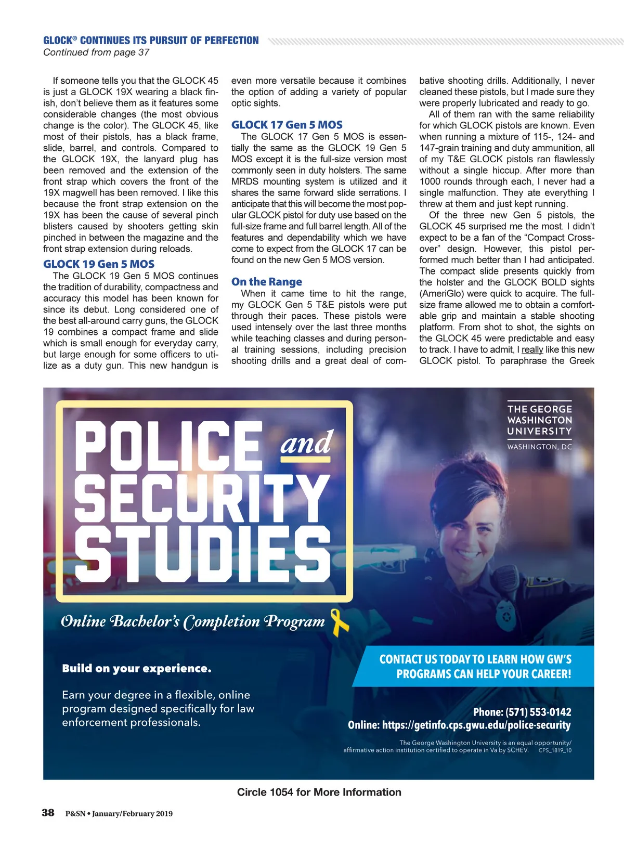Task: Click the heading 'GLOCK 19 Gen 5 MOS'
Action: click(99, 264)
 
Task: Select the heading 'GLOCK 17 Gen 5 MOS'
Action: click(287, 125)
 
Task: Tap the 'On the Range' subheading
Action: click(267, 282)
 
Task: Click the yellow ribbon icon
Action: click(340, 622)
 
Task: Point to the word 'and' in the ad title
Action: click(306, 444)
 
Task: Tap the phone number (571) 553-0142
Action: click(538, 712)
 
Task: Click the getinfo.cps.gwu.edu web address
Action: click(476, 725)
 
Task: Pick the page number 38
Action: click(48, 813)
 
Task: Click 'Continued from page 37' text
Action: click(96, 53)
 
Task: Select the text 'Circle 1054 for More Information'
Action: click(319, 792)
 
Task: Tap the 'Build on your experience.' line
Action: click(137, 668)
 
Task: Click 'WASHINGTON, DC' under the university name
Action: click(539, 447)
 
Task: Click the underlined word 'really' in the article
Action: click(532, 349)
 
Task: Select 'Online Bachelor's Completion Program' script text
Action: click(192, 621)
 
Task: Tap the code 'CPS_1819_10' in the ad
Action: click(555, 750)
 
